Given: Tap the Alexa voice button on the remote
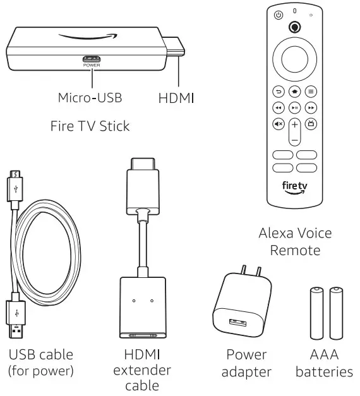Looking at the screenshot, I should click(x=294, y=27).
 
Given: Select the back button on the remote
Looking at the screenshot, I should click(x=279, y=92).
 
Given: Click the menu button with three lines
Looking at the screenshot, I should click(x=311, y=92).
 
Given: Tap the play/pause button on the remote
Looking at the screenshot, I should click(x=294, y=108).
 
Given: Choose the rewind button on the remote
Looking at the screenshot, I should click(x=279, y=108).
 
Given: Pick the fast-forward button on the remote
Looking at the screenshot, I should click(x=311, y=108).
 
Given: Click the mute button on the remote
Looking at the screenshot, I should click(x=279, y=124).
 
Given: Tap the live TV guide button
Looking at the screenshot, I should click(x=311, y=124).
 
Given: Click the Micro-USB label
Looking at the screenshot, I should click(x=90, y=98).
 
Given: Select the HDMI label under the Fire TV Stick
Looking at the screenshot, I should click(x=176, y=98).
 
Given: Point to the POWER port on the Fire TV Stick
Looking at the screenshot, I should click(x=92, y=58).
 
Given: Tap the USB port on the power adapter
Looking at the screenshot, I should click(x=238, y=321).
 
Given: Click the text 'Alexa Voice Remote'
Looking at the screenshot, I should click(x=295, y=242).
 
